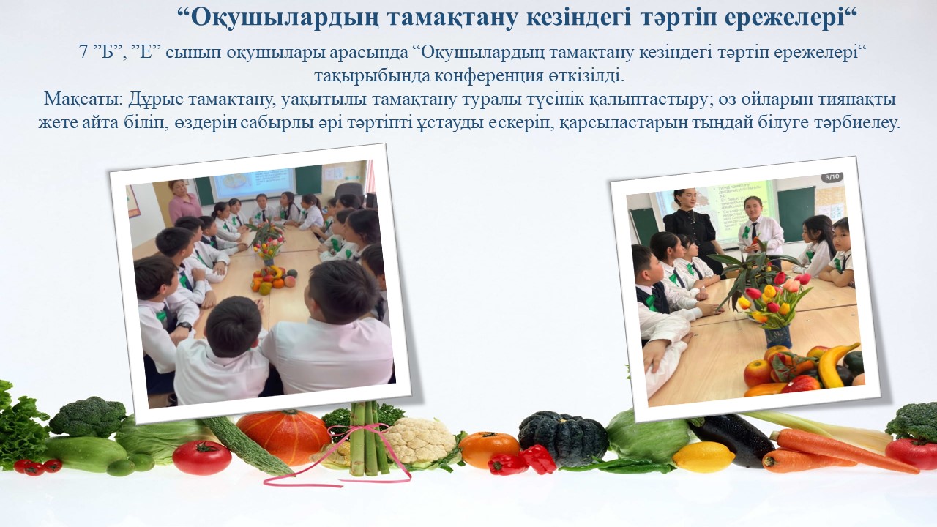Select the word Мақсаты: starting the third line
click(83, 100)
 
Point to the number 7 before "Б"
click(83, 53)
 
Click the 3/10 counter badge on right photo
click(832, 176)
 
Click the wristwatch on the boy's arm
click(184, 326)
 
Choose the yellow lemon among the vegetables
click(703, 457)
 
